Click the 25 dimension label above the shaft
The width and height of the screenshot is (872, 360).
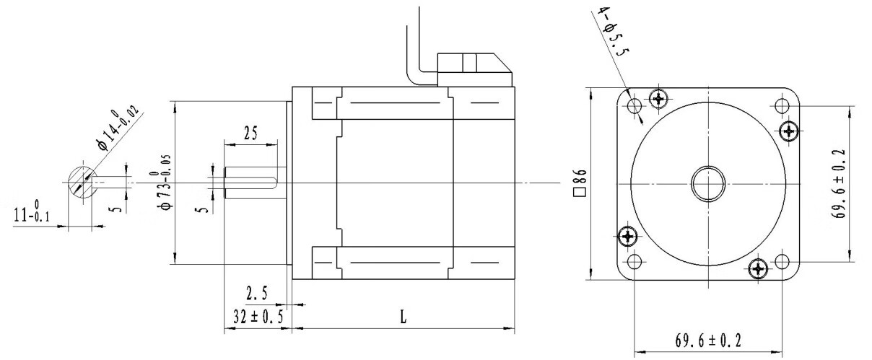250,133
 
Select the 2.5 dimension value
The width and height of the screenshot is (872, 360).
257,293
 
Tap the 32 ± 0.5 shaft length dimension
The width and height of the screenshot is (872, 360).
258,317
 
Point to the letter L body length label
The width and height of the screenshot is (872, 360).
404,317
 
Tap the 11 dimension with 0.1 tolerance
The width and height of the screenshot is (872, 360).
32,211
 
